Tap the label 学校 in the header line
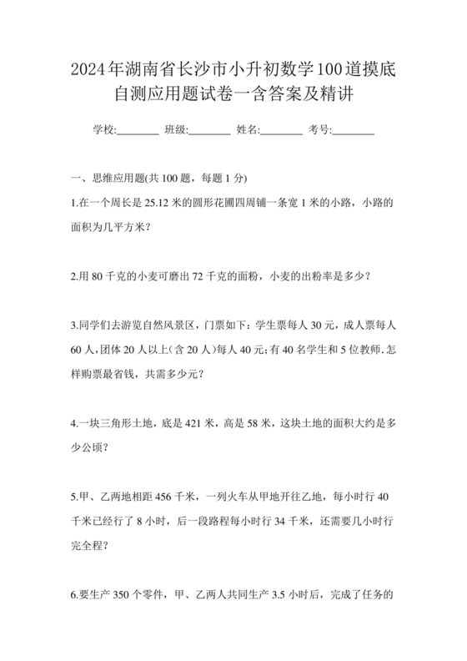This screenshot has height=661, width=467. pyautogui.click(x=103, y=130)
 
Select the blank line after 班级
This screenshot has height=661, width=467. pyautogui.click(x=211, y=131)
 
